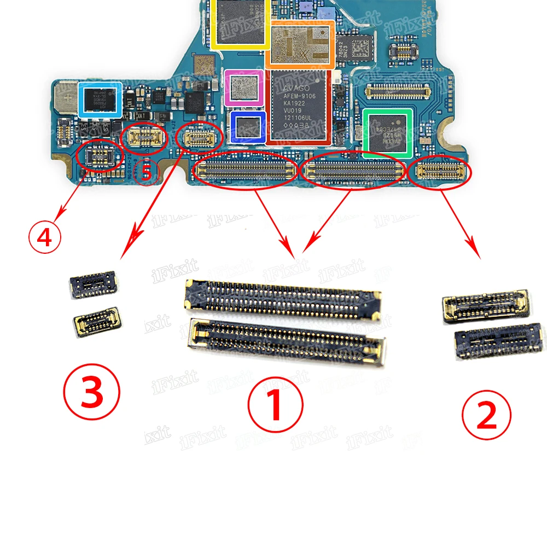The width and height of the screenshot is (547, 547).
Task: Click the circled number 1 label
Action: pyautogui.click(x=275, y=408)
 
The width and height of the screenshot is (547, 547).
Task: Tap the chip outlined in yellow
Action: pyautogui.click(x=239, y=22)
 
